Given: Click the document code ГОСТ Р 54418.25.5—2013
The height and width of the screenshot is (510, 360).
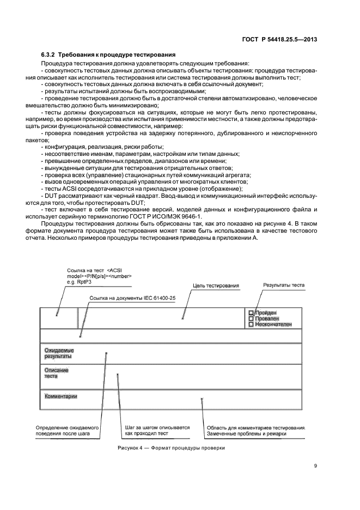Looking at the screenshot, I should [x=287, y=39].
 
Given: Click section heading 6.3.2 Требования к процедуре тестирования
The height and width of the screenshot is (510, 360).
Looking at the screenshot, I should [x=108, y=54].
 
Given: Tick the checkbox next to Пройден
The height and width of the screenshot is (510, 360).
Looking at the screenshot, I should [x=251, y=313].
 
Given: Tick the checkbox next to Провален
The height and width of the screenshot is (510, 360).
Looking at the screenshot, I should [x=251, y=318].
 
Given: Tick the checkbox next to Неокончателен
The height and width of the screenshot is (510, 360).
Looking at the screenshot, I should [x=251, y=324].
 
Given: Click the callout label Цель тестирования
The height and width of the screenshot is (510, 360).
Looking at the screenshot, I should [x=216, y=285].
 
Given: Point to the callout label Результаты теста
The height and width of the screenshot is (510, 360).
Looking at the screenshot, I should [x=284, y=285].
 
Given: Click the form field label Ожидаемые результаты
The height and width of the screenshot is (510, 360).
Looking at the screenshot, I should [x=59, y=353].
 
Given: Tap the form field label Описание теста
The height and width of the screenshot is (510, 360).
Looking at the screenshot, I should [x=56, y=373].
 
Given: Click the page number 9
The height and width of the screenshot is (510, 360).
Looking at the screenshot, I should [x=316, y=466].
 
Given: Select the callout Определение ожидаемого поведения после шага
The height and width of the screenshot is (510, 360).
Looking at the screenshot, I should [x=66, y=431].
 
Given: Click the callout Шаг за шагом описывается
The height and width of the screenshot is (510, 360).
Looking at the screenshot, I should [x=157, y=428].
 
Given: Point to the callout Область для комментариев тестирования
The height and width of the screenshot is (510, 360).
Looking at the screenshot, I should [x=257, y=428].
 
